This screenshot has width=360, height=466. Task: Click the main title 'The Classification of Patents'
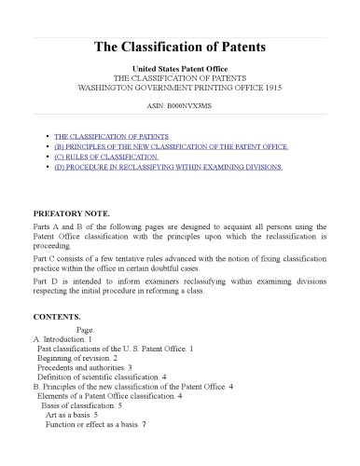(x=180, y=46)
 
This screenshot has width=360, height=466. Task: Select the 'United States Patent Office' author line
(x=180, y=69)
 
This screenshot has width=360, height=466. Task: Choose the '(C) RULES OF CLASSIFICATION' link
(x=106, y=157)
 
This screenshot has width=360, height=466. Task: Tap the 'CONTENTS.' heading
(x=54, y=317)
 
